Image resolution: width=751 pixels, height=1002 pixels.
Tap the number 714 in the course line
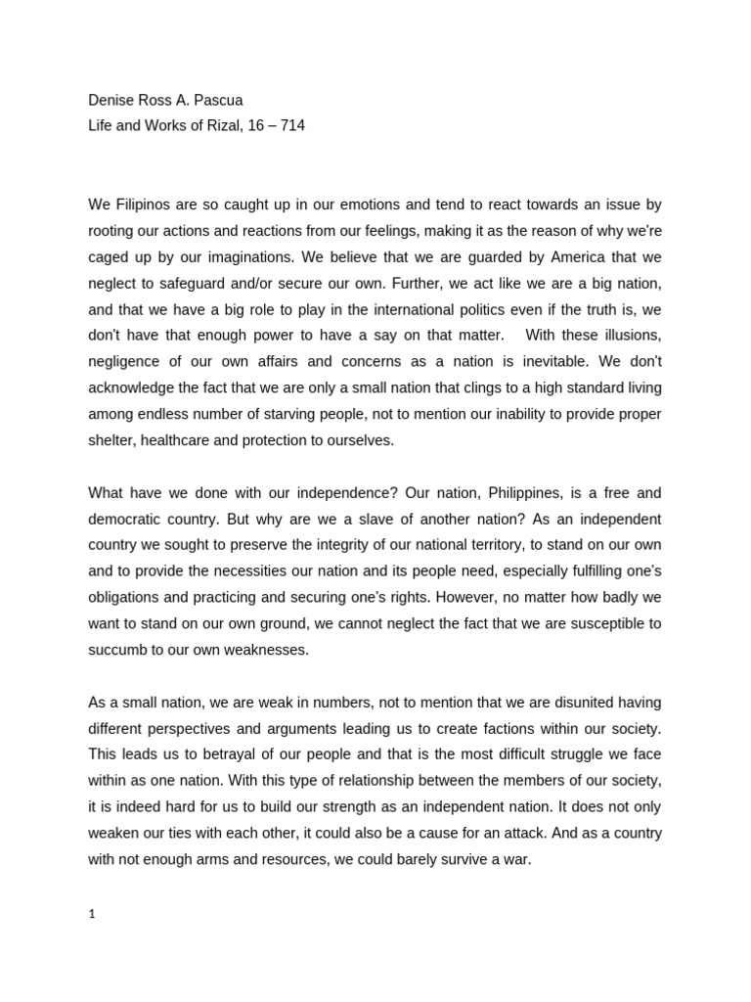292,125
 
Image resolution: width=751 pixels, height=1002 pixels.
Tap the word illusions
621,336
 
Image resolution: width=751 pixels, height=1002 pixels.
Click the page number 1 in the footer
92,914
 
